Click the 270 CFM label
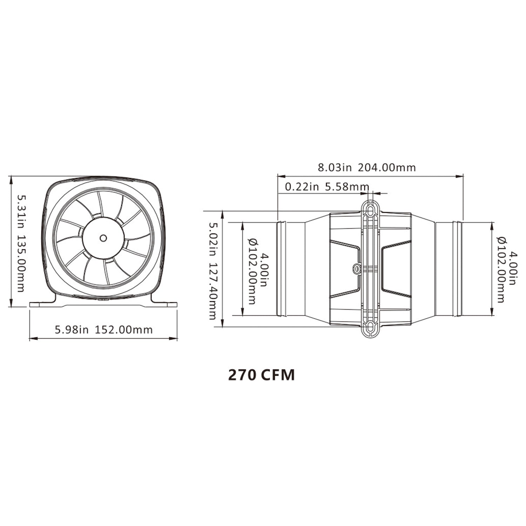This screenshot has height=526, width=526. tap(261, 375)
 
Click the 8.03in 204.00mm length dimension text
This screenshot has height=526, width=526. tap(367, 167)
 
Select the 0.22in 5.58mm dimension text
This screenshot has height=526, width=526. tap(327, 187)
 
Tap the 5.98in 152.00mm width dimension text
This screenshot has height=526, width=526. tap(104, 330)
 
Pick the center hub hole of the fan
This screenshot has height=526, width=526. tap(103, 238)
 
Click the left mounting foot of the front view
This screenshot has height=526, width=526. tap(44, 302)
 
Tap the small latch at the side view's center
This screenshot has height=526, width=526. tap(357, 269)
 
